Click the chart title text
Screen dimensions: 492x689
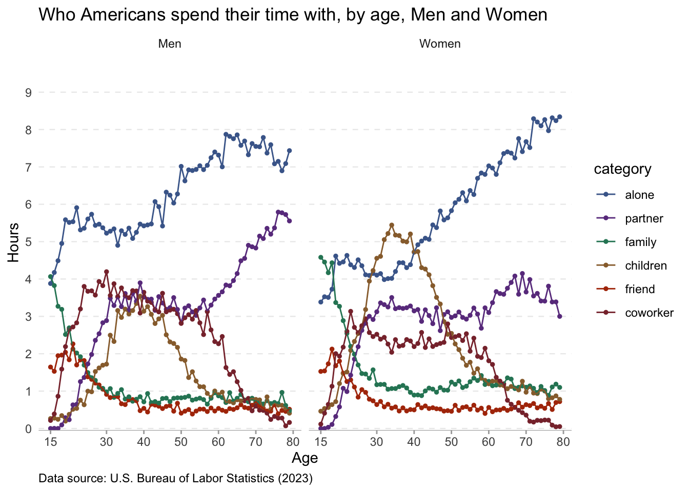(293, 14)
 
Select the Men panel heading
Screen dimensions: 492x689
(170, 44)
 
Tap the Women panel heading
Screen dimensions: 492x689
(440, 44)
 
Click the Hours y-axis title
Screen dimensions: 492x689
(14, 242)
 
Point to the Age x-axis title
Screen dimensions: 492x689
(305, 458)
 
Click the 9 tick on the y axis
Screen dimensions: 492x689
(28, 93)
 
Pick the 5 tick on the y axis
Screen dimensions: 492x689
(28, 242)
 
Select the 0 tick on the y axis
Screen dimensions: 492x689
(28, 429)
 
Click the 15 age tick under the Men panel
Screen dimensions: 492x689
(50, 442)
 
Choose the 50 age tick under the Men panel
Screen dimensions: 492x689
(181, 442)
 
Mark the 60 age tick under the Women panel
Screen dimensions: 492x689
(489, 442)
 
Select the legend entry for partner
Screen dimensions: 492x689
(644, 218)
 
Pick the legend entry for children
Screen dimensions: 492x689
(646, 265)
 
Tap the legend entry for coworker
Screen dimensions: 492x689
(649, 313)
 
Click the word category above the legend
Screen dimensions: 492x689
(622, 169)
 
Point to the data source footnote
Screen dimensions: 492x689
(175, 479)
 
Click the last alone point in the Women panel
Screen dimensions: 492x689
(560, 117)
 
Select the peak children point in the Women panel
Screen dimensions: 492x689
(392, 225)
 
